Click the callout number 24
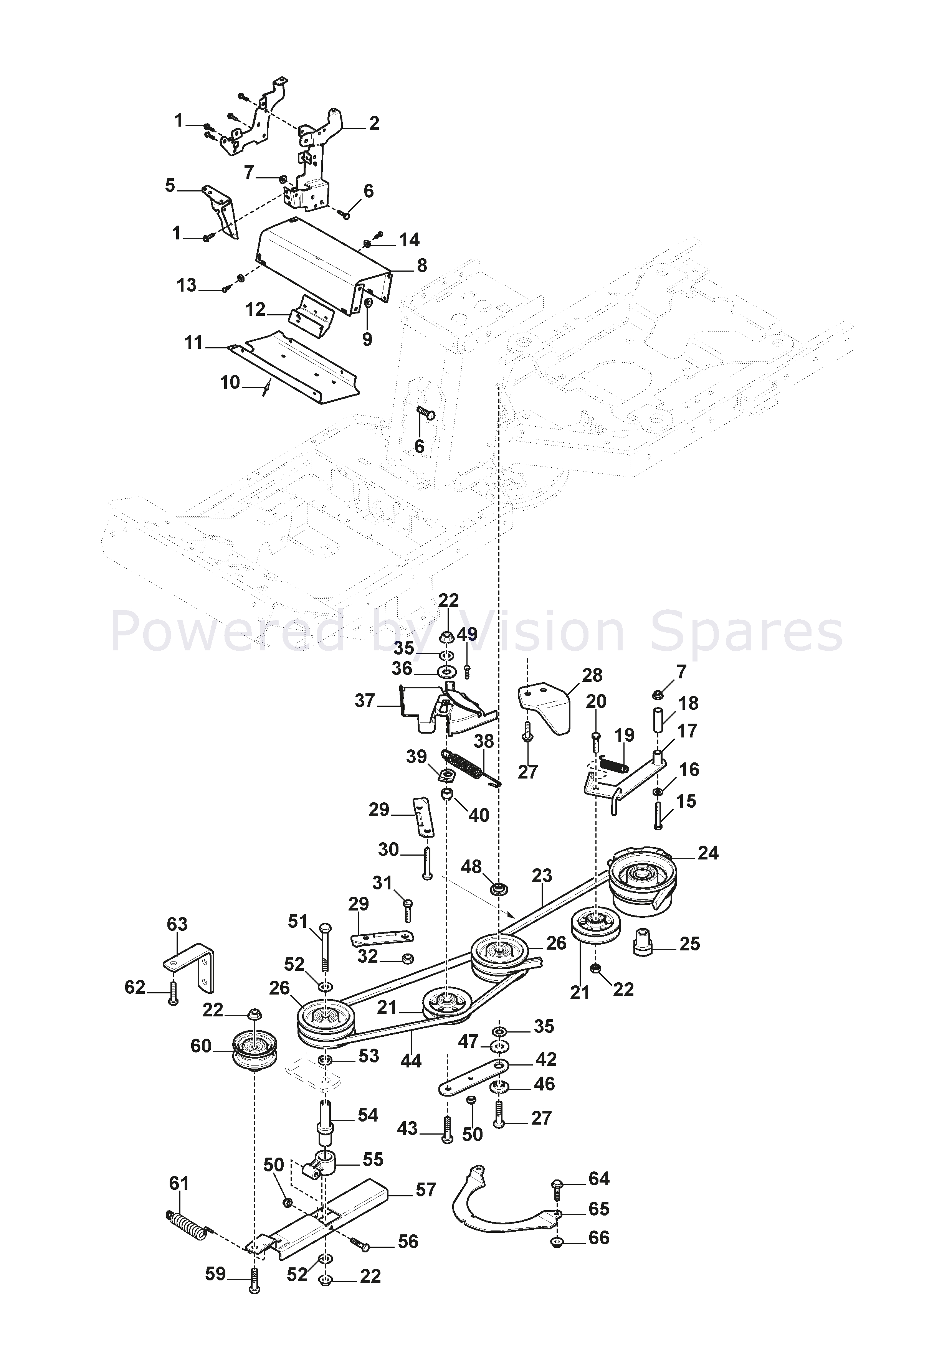tap(707, 853)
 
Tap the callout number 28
tap(592, 675)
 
